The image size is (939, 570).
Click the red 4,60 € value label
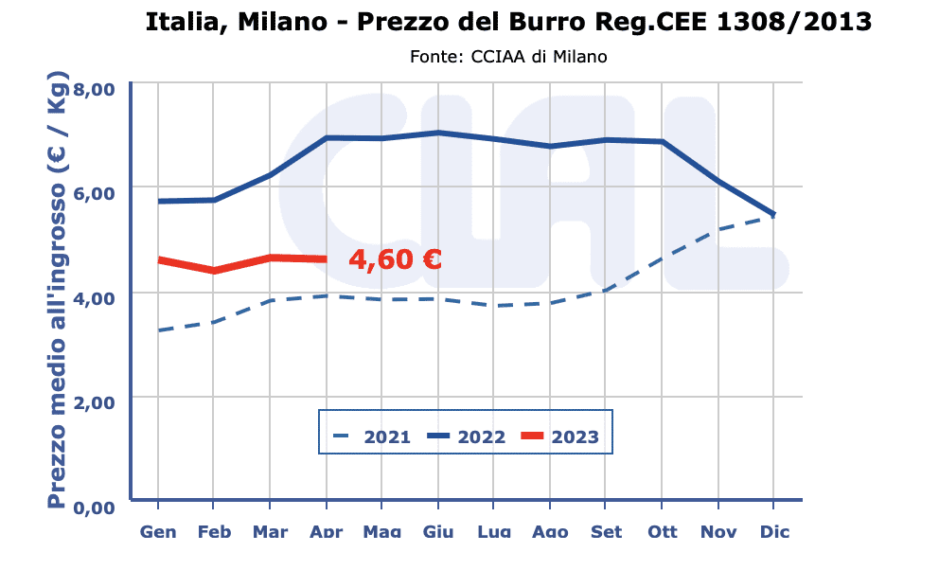pos(395,259)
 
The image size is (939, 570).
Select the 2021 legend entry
pos(371,436)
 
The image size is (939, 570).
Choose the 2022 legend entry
pos(466,436)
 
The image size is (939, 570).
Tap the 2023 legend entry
pos(559,436)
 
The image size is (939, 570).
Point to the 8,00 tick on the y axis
pos(94,89)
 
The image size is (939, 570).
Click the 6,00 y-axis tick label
pos(94,192)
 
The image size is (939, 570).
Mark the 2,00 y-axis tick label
pos(94,401)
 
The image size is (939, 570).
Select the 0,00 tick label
pos(94,508)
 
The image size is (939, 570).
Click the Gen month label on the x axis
pos(158,531)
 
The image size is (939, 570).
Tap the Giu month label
pos(438,531)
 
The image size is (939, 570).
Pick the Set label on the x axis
pos(606,531)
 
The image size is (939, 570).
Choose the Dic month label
pos(774,531)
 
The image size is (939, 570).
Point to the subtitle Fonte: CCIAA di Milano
pos(508,57)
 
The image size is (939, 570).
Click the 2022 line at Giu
pos(438,133)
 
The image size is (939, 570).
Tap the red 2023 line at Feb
pos(214,271)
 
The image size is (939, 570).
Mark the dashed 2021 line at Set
pos(606,290)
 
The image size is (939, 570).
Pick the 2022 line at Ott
pos(662,142)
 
